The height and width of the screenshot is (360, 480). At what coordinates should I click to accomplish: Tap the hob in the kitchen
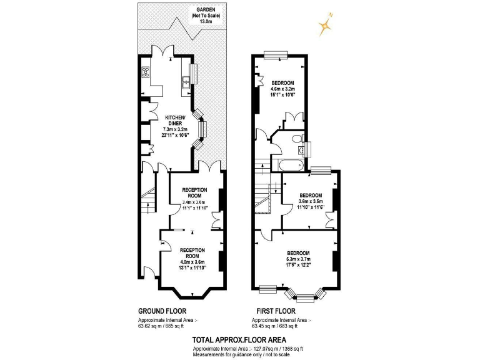tap(146, 72)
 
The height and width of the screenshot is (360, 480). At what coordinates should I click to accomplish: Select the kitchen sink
tap(186, 81)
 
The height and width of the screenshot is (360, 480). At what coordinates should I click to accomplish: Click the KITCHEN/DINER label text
tap(173, 121)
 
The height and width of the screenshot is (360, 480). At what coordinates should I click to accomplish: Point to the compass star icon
tap(325, 26)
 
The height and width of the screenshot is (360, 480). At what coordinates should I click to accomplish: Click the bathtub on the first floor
tap(289, 166)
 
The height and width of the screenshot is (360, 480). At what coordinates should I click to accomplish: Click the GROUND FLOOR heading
tap(161, 311)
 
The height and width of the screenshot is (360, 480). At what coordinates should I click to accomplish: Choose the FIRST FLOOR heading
tap(276, 311)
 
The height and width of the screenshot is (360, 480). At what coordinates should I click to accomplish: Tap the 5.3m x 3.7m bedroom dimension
tap(297, 259)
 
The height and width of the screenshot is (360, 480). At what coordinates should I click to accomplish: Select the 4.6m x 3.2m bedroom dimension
tap(282, 89)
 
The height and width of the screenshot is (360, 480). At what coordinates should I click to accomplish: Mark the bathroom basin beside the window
tap(303, 149)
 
